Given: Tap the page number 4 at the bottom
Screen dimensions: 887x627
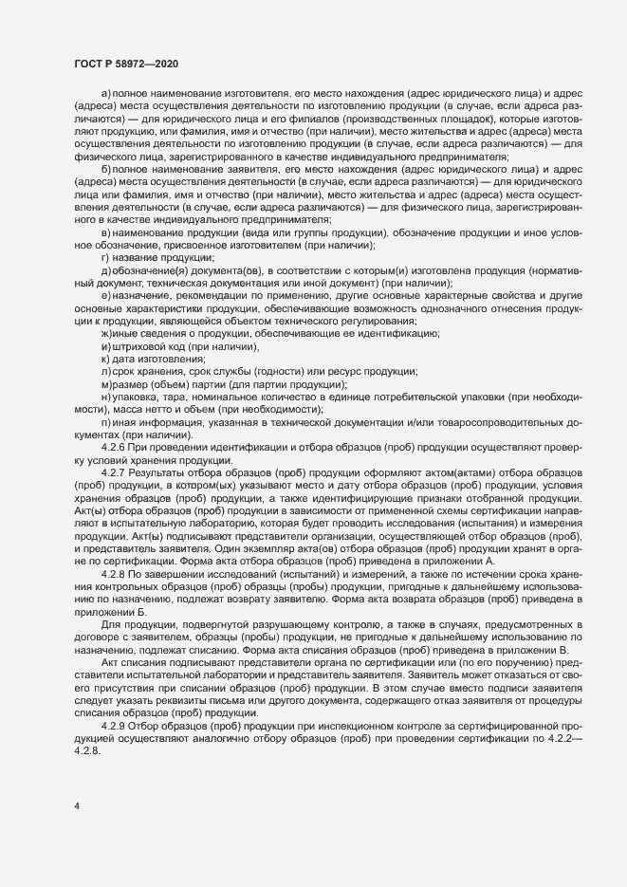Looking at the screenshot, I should point(77,807).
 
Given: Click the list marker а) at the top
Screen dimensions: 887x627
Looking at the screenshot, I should point(105,98).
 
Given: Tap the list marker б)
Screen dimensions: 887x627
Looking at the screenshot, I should point(105,167).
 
